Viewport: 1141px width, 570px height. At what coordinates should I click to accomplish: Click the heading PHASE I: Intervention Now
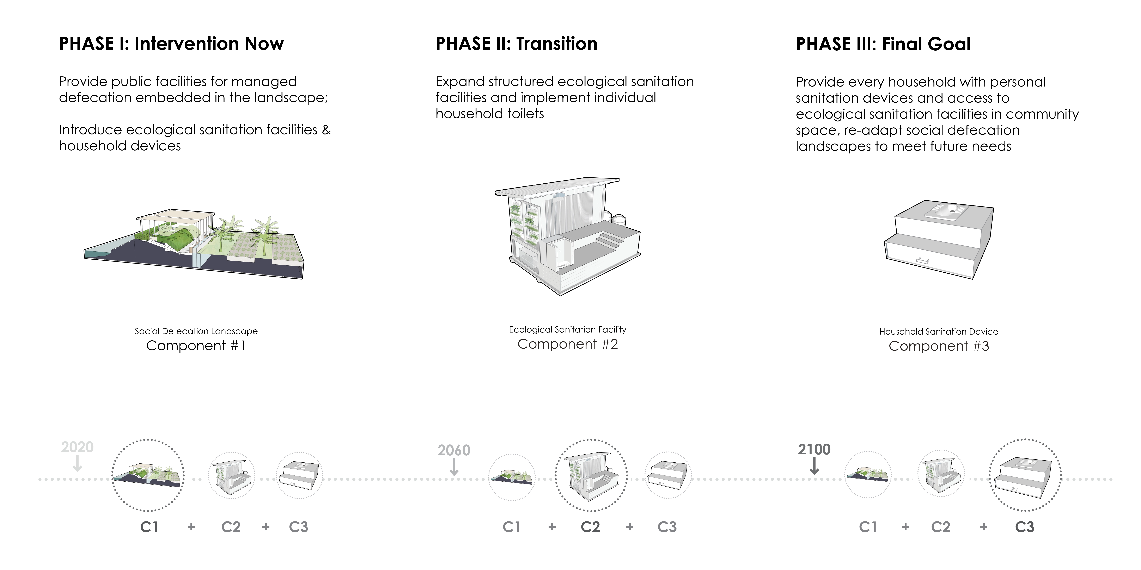tap(171, 44)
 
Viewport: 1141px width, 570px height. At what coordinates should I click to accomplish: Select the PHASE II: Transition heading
tap(517, 44)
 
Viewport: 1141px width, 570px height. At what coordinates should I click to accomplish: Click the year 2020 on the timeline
tap(78, 447)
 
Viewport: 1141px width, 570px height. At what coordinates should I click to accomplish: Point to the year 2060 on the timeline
tap(454, 450)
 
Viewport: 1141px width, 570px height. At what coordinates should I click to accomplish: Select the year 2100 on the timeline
tap(814, 450)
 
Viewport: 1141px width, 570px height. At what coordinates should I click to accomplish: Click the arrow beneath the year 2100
tap(814, 467)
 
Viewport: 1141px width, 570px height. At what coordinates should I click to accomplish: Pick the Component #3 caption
tap(939, 346)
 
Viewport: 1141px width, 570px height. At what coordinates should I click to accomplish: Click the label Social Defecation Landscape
tap(196, 331)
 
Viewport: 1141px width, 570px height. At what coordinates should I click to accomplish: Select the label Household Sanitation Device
tap(939, 331)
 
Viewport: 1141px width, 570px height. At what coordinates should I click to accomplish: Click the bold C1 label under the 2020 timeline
tap(149, 527)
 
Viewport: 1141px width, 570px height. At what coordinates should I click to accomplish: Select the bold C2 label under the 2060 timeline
tap(590, 527)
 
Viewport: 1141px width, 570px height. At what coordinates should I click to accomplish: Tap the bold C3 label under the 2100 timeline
tap(1025, 527)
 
